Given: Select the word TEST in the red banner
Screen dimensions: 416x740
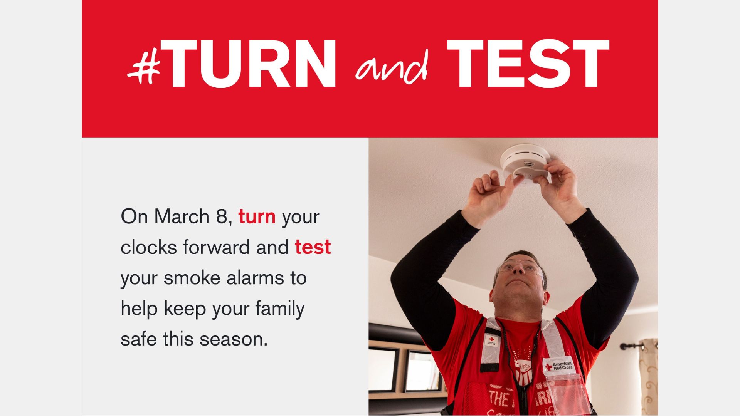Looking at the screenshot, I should [528, 64].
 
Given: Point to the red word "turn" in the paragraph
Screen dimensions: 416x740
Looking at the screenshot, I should [257, 217].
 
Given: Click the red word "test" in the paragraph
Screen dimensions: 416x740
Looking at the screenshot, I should [313, 247].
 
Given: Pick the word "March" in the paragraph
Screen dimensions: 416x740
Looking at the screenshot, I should [182, 216].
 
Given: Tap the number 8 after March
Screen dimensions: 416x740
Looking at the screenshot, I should [222, 216].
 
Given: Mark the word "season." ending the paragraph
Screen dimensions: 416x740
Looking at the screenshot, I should [233, 339].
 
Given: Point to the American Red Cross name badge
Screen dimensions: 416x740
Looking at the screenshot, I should [558, 366].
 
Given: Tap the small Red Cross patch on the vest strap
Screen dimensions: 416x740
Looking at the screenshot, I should [491, 341].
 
